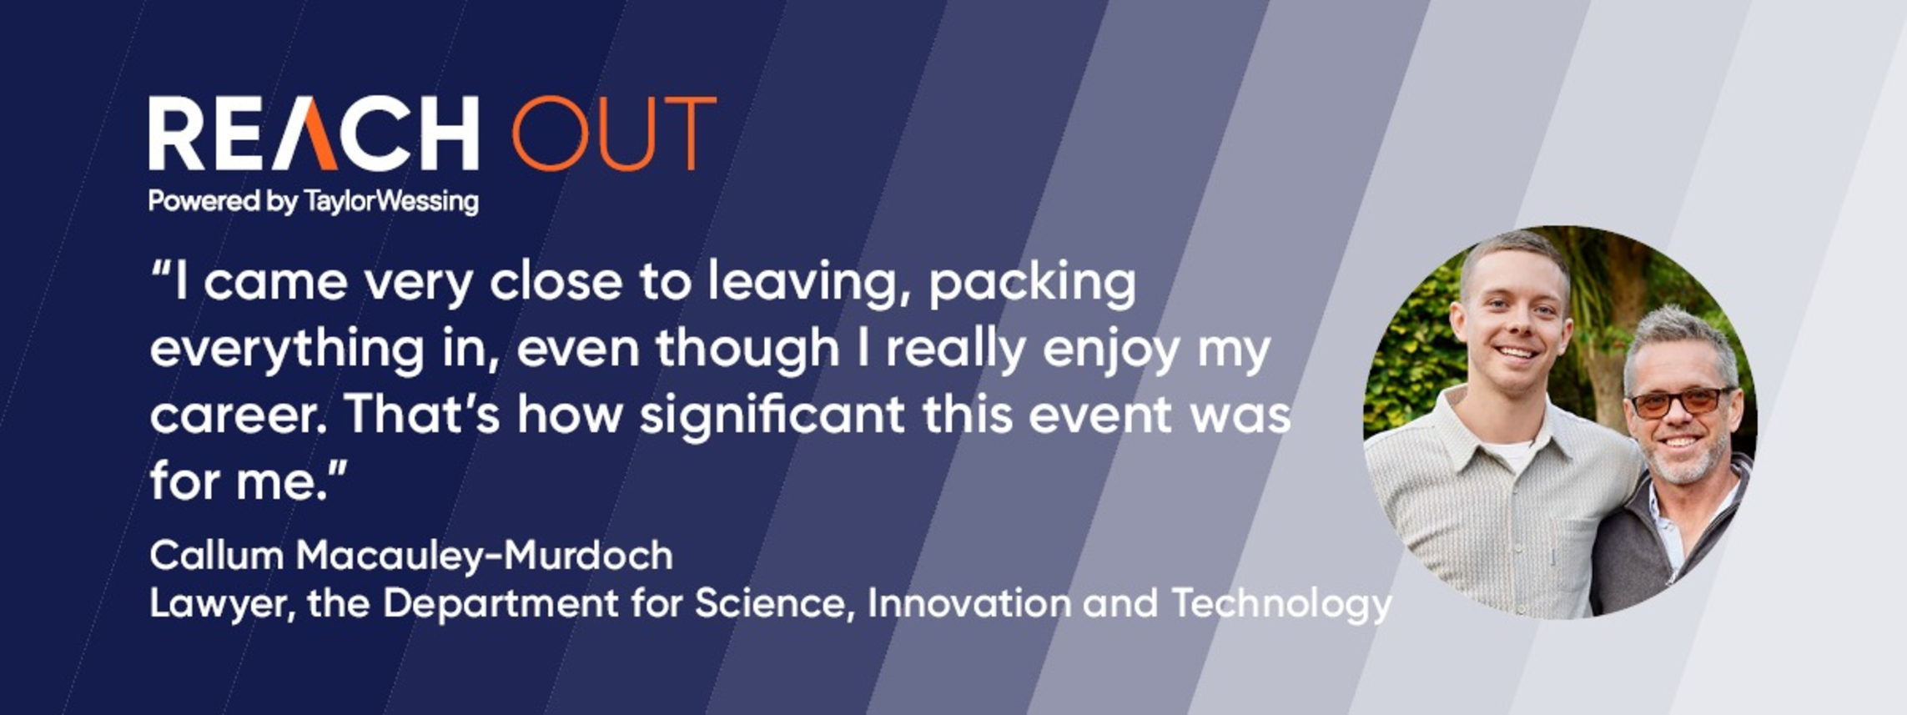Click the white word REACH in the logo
click(314, 133)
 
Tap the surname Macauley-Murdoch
click(485, 556)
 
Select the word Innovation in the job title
click(969, 603)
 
